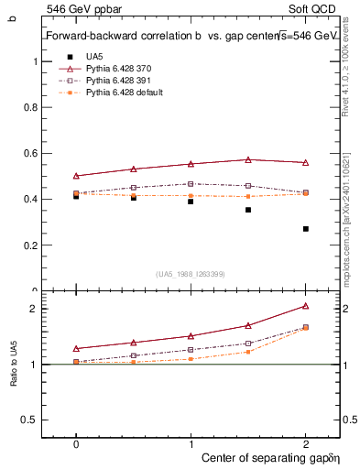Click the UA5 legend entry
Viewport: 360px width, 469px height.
[x=94, y=57]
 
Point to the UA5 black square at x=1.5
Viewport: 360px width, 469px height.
[x=248, y=210]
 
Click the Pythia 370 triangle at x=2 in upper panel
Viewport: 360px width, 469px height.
[x=306, y=162]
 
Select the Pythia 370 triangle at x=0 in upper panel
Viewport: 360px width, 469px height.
[x=76, y=175]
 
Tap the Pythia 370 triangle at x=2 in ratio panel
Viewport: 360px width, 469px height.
[x=306, y=306]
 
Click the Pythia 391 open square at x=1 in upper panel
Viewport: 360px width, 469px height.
[x=191, y=183]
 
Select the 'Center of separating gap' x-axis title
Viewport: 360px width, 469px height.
[x=265, y=456]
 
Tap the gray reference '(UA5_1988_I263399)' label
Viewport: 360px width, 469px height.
[x=191, y=273]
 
